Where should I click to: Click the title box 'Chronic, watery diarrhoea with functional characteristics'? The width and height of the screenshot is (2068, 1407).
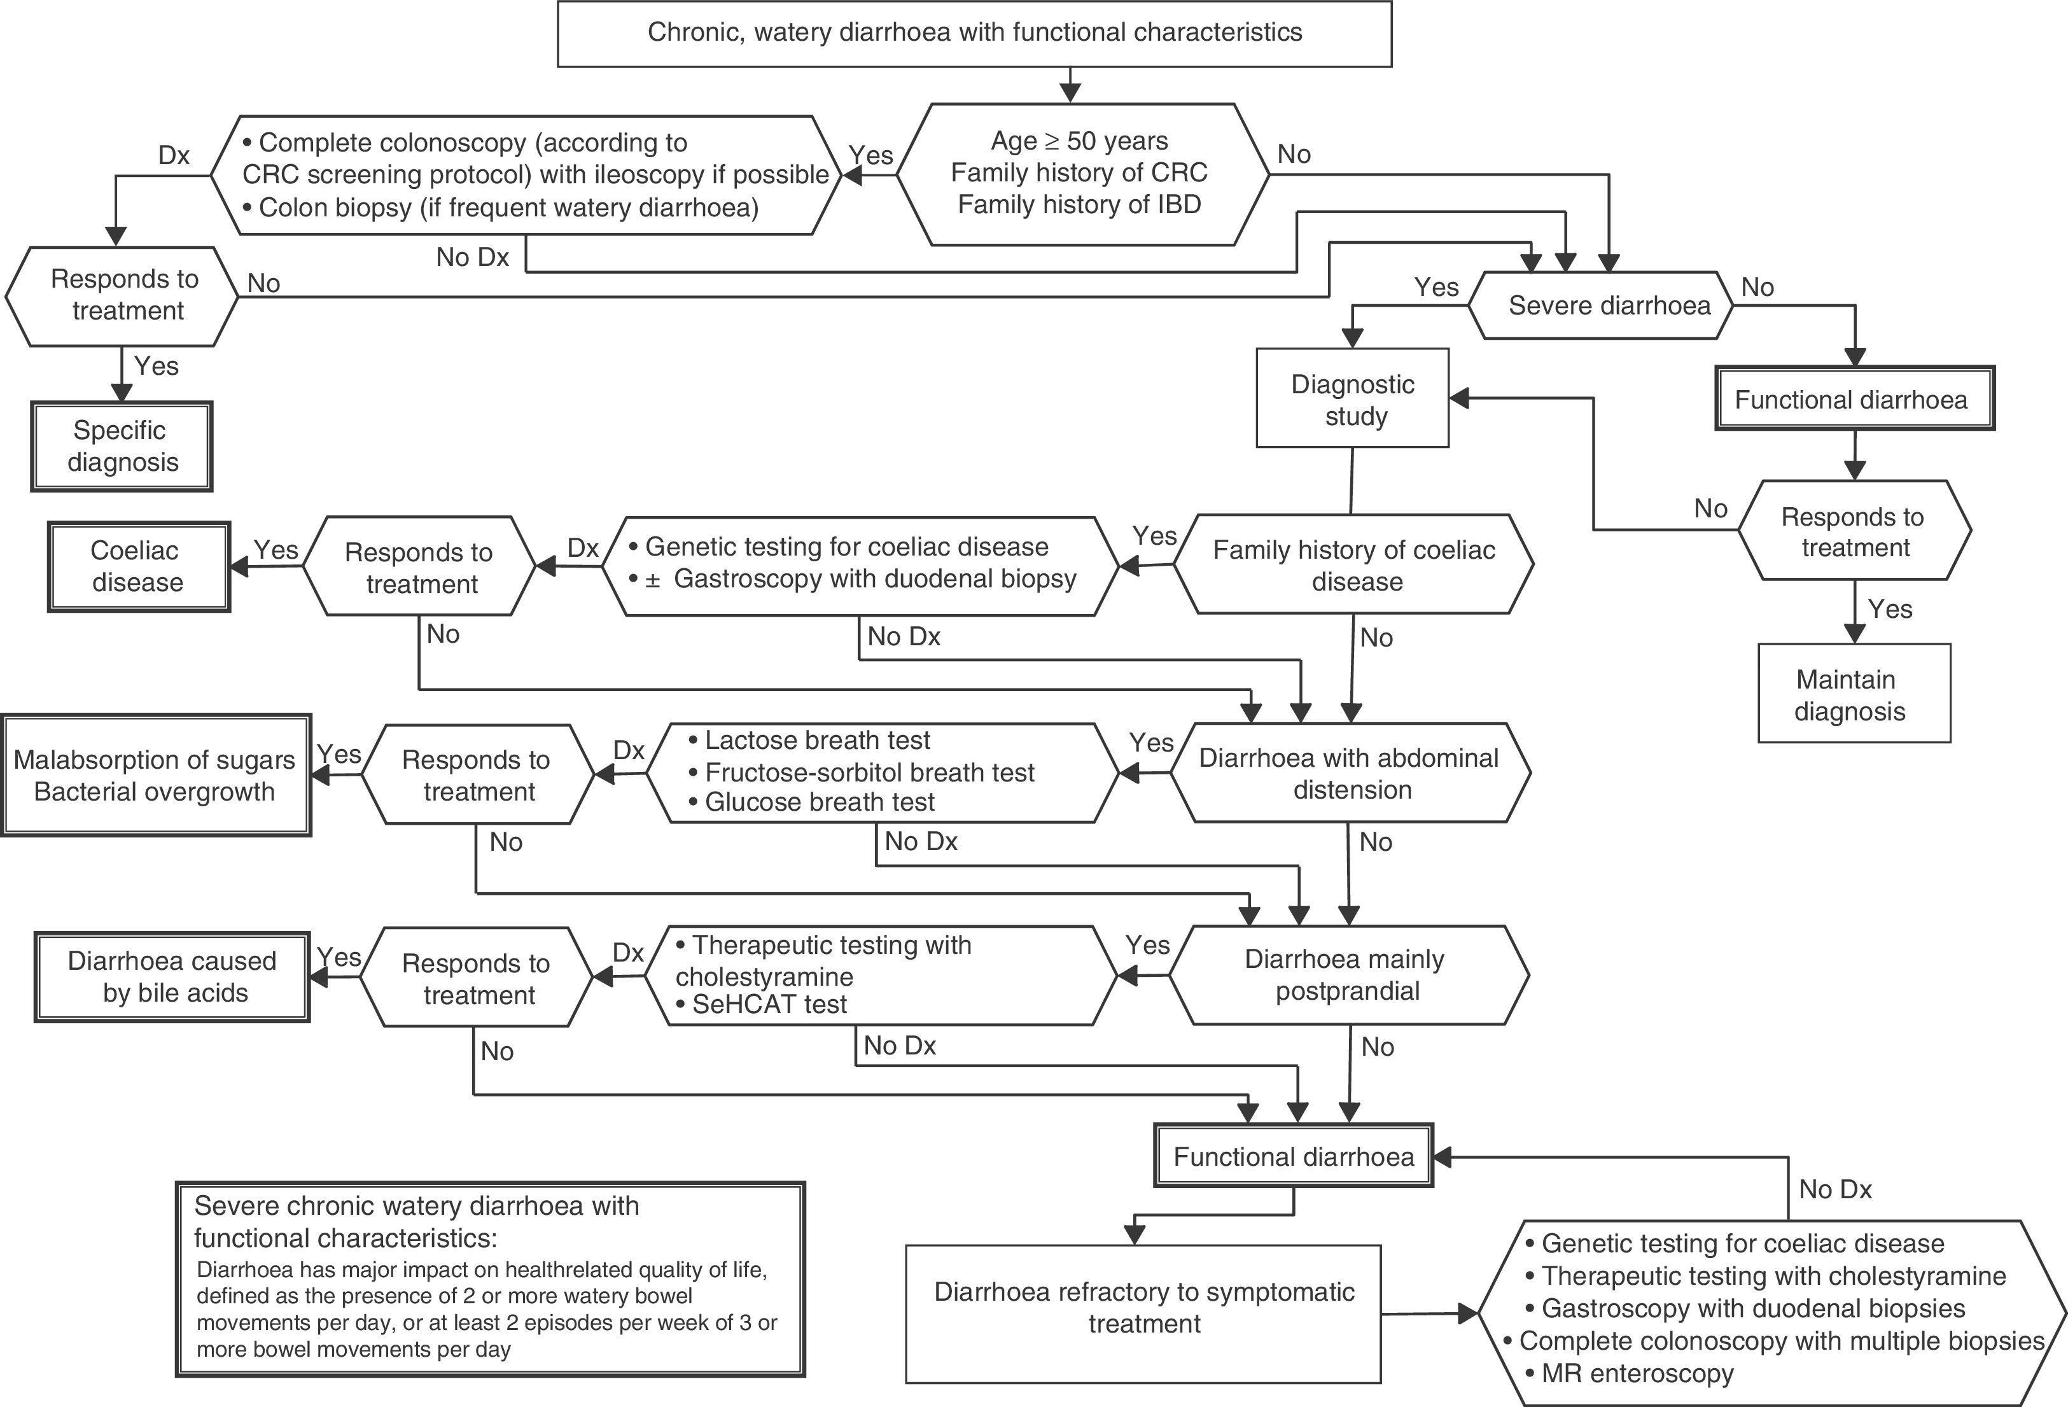click(x=974, y=33)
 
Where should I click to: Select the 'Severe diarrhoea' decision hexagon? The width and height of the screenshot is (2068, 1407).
click(x=1609, y=305)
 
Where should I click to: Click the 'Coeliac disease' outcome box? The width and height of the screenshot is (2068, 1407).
click(x=138, y=566)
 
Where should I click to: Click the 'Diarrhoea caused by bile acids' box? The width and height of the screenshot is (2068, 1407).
click(x=172, y=976)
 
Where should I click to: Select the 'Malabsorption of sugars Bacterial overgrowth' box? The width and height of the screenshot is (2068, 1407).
click(x=155, y=775)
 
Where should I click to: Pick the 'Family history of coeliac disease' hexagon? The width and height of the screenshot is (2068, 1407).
click(x=1354, y=565)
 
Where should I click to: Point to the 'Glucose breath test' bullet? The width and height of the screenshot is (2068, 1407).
click(x=819, y=802)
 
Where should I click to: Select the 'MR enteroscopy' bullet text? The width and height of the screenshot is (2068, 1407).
click(x=1637, y=1373)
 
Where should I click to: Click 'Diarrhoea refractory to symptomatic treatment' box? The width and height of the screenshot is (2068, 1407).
click(x=1143, y=1307)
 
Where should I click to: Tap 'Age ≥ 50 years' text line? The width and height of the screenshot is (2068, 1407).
click(x=1079, y=141)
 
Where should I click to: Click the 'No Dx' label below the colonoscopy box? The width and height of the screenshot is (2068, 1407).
click(x=473, y=257)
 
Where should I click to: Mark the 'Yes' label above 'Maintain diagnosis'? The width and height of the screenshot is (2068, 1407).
click(x=1889, y=610)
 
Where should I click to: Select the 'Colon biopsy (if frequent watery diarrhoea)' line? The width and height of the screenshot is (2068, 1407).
click(x=508, y=207)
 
